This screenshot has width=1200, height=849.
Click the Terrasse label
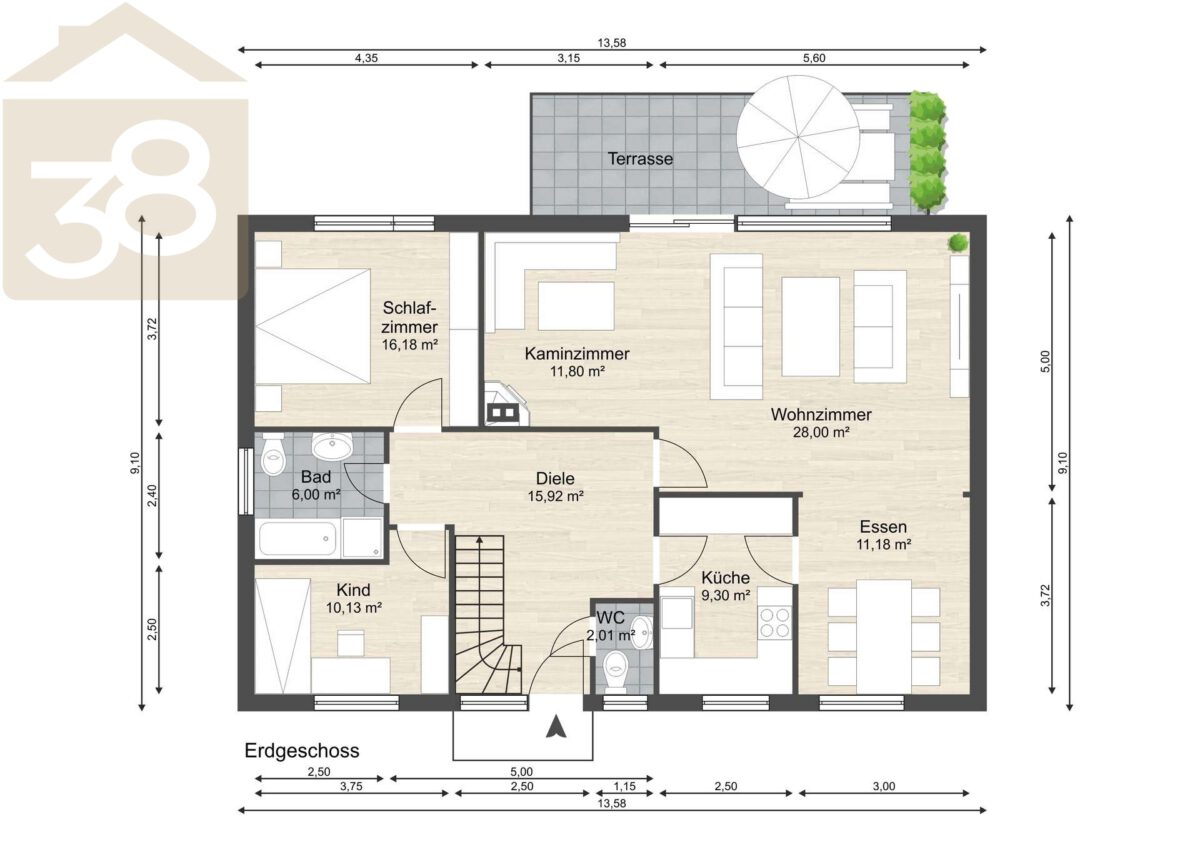pyautogui.click(x=640, y=159)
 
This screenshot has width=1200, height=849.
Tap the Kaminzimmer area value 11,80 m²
pyautogui.click(x=578, y=371)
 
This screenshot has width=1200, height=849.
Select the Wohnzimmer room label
pyautogui.click(x=821, y=414)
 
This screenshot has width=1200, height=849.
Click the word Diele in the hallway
pyautogui.click(x=555, y=478)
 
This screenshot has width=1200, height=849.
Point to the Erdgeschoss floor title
pyautogui.click(x=302, y=751)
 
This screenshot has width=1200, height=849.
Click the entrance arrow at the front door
pyautogui.click(x=556, y=727)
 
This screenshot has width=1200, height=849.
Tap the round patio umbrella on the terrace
pyautogui.click(x=798, y=137)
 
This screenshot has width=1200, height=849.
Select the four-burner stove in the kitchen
pyautogui.click(x=775, y=622)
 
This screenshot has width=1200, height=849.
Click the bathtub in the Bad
pyautogui.click(x=298, y=538)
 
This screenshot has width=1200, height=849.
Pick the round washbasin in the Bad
pyautogui.click(x=332, y=446)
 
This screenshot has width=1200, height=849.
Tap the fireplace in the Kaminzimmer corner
pyautogui.click(x=506, y=404)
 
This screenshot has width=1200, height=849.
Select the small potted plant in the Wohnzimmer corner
pyautogui.click(x=957, y=243)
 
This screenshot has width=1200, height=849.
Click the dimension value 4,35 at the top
pyautogui.click(x=366, y=58)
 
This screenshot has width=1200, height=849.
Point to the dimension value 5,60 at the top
pyautogui.click(x=814, y=58)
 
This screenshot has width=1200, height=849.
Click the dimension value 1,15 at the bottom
pyautogui.click(x=625, y=786)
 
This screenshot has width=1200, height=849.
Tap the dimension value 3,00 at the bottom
pyautogui.click(x=884, y=786)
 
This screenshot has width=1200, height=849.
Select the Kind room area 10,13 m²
pyautogui.click(x=354, y=608)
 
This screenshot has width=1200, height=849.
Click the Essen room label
pyautogui.click(x=883, y=527)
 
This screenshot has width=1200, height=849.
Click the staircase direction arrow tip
pyautogui.click(x=479, y=536)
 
